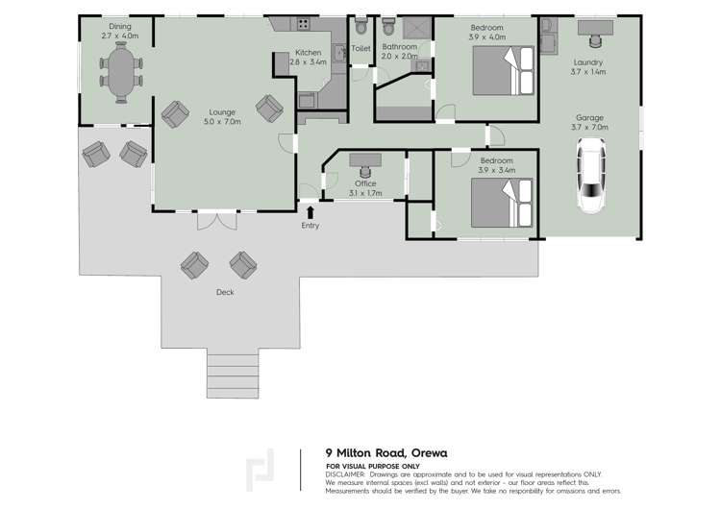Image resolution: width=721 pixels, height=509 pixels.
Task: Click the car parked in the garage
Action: tap(591, 176)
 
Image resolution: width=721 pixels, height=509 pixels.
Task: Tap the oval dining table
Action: tap(121, 72)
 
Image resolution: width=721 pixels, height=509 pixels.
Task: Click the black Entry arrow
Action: tap(311, 212)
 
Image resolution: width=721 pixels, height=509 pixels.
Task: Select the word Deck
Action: tap(225, 292)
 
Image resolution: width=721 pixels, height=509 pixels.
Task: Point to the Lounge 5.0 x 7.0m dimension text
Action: tap(223, 122)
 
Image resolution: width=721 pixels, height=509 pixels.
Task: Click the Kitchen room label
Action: tap(308, 53)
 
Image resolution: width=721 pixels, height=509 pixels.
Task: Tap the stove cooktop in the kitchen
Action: tap(303, 24)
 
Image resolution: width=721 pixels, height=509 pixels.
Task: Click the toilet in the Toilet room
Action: tap(360, 26)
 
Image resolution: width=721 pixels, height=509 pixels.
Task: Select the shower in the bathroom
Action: tap(417, 29)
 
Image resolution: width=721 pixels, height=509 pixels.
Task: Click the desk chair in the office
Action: tap(365, 172)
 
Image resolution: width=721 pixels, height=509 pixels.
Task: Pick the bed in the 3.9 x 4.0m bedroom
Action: tap(504, 70)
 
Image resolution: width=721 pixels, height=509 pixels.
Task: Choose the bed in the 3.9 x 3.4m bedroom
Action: tap(502, 203)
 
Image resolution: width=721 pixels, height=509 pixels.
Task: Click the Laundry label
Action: tap(588, 62)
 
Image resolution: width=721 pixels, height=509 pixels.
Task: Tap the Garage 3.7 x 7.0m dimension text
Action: tap(589, 127)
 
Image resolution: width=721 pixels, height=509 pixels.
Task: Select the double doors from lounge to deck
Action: tap(217, 220)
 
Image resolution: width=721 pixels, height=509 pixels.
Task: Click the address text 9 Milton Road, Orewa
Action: tap(386, 453)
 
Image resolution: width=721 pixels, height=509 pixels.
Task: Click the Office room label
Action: tap(365, 183)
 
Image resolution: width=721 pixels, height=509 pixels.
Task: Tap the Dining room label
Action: tap(120, 27)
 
